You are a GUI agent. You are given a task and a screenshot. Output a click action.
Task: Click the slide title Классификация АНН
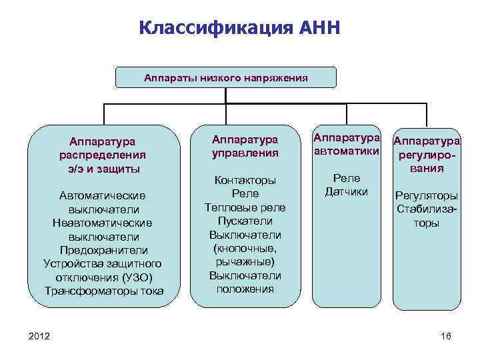point(240,29)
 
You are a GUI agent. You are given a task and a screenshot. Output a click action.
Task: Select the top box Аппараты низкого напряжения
point(226,77)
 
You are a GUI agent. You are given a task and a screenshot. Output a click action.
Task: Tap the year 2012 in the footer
point(39,335)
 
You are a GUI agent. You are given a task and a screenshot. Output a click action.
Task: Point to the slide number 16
point(446,335)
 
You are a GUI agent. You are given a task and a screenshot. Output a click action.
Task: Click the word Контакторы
point(245,180)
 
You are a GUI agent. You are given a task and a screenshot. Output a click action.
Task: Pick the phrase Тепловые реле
point(245,207)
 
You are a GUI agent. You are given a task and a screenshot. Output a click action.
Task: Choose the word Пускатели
point(245,221)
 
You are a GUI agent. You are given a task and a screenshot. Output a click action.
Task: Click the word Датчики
point(346,192)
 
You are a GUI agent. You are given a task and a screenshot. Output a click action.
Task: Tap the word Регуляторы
point(427,196)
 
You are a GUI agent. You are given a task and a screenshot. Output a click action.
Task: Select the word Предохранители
point(104,249)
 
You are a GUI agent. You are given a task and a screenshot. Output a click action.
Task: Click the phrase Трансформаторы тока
point(104,291)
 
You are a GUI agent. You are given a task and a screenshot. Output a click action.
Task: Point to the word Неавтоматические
point(103,222)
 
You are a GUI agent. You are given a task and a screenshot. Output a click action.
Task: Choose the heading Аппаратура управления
point(245,147)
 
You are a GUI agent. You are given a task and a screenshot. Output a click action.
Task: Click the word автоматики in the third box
point(347,152)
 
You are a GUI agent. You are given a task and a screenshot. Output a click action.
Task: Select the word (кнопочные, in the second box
point(245,248)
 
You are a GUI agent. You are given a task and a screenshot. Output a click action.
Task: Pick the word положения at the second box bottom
point(245,289)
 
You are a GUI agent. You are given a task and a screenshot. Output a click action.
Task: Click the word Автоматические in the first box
point(103,195)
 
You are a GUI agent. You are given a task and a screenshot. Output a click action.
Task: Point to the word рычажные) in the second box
point(245,261)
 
